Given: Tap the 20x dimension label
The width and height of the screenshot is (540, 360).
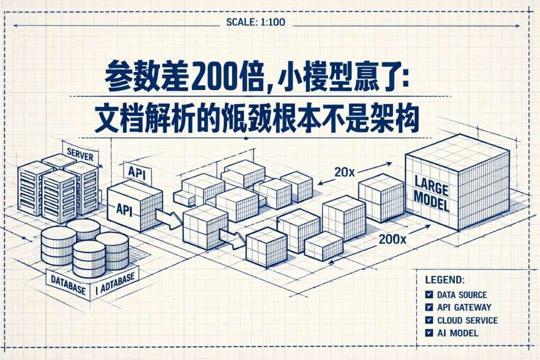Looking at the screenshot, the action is coord(344,172).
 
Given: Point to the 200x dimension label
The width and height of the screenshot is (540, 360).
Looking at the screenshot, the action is coord(392,239).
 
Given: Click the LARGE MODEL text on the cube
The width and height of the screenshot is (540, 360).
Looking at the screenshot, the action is coord(431,195).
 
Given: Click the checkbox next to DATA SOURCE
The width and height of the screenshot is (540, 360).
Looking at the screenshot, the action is coord(428,294).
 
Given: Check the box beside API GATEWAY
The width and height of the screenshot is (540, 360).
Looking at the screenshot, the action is coord(428,307).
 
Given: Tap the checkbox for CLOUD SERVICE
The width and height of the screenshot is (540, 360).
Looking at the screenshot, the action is coord(428,320).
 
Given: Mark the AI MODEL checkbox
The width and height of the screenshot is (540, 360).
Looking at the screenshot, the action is coord(428,332).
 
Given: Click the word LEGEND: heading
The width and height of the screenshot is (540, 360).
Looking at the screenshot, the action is coord(444,279).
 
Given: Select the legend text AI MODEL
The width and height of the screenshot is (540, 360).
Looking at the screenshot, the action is coord(457,332).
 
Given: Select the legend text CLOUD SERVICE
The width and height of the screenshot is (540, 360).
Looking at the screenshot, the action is coord(467,320).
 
